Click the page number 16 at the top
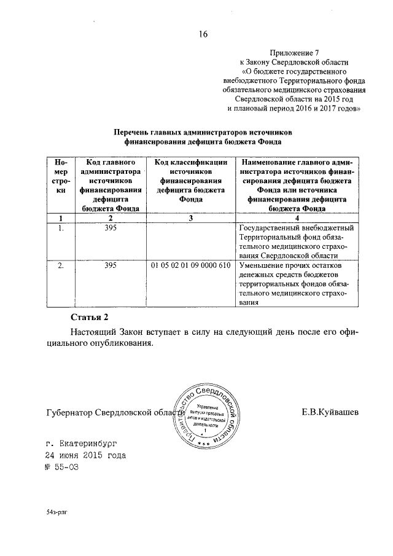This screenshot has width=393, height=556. click(203, 34)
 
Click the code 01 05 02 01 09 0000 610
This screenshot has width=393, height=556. click(190, 266)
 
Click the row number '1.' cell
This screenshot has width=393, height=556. click(60, 229)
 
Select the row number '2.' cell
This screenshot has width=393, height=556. click(60, 266)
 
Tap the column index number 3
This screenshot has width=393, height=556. click(190, 218)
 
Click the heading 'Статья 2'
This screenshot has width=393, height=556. click(90, 317)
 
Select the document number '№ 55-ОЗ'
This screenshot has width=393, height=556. click(63, 468)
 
